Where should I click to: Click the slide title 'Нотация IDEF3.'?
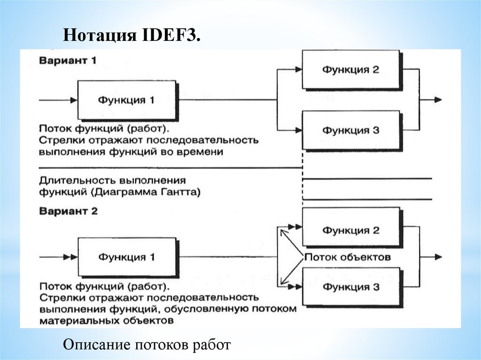pos(132,35)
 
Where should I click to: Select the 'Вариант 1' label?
pos(68,61)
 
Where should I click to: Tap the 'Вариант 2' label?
pos(69,211)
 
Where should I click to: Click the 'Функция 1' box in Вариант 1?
pos(126,100)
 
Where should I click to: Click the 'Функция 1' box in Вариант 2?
pos(126,257)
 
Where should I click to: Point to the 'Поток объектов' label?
pos(348,257)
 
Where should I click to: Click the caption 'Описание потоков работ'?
pos(147,345)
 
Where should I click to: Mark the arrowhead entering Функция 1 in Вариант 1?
pos(73,100)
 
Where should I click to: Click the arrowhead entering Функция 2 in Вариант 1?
pos(298,69)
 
